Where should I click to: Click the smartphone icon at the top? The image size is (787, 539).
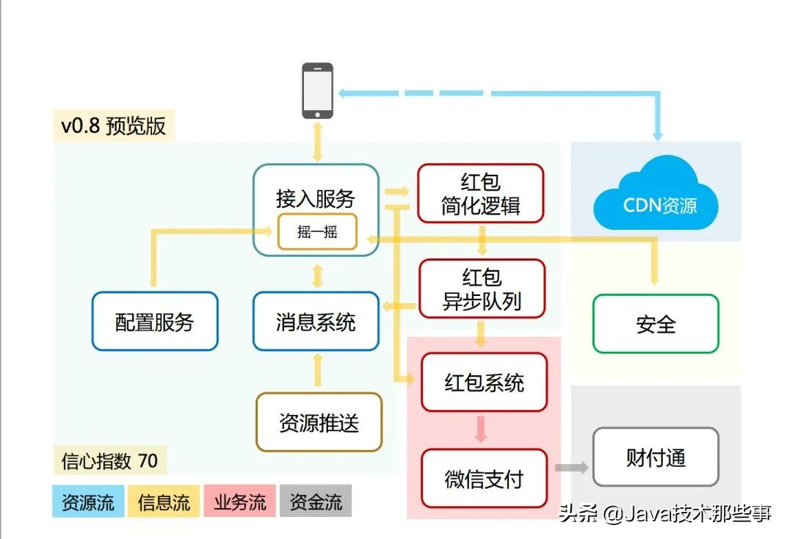[317, 90]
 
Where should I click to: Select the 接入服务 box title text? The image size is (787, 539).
[315, 199]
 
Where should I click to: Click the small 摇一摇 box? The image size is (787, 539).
[317, 231]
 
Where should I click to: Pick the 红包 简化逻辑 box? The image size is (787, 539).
[480, 193]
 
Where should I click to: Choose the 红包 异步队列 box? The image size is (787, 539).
[482, 289]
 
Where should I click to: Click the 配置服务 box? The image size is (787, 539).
[155, 321]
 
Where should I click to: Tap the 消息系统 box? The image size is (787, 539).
[316, 321]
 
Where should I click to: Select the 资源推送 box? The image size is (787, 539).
[319, 422]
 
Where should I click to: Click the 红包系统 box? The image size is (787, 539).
[484, 383]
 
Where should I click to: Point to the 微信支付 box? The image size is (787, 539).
[484, 478]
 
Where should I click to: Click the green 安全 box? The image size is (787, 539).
[656, 324]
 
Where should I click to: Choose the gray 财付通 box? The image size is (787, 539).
[656, 457]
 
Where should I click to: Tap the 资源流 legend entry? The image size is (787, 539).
[88, 501]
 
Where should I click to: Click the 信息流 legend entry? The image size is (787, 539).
[164, 501]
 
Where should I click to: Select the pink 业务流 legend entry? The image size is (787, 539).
[240, 501]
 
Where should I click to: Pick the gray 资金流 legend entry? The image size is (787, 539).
[316, 501]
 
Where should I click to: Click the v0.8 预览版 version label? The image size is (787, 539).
[114, 126]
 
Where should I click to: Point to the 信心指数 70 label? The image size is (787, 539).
[110, 460]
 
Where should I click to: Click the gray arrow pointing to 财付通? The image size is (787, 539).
[572, 468]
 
